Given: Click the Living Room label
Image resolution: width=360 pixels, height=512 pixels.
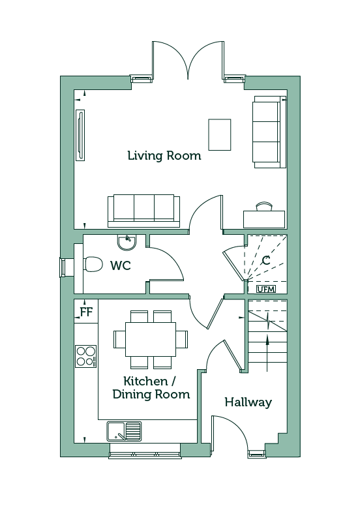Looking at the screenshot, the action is click(x=164, y=156).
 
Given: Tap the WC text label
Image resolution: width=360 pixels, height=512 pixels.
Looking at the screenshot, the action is click(x=121, y=265).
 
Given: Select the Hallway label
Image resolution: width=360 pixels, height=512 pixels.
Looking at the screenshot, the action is click(x=248, y=402).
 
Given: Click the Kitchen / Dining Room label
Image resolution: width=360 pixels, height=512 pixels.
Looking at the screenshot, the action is click(x=151, y=388).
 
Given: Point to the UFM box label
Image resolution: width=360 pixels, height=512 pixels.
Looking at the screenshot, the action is click(x=266, y=289).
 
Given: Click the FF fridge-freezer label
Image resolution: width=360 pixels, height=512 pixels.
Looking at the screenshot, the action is click(x=87, y=312).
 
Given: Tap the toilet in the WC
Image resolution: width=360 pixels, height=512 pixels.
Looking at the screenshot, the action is click(x=93, y=264).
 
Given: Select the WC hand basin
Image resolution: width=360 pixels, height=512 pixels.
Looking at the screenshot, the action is click(x=127, y=243).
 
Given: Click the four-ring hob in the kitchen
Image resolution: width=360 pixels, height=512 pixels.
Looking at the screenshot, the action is click(x=86, y=356).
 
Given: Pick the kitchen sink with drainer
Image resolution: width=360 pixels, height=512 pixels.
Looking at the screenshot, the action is click(x=124, y=431).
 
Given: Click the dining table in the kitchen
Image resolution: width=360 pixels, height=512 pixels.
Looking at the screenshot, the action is click(x=151, y=339).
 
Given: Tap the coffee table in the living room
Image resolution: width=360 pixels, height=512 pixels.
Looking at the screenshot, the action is click(x=220, y=134).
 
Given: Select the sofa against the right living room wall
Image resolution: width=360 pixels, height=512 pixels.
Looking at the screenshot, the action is click(x=269, y=132).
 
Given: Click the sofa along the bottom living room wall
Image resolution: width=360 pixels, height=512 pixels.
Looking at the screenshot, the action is click(x=144, y=211).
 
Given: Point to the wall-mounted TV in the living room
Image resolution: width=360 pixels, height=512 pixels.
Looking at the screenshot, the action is click(x=80, y=135).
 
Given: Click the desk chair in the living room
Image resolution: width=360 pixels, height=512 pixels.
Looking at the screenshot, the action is click(x=264, y=206).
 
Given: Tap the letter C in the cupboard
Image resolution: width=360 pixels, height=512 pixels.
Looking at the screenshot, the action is click(x=266, y=260).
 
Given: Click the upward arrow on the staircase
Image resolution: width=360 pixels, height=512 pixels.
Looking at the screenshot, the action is click(x=267, y=353).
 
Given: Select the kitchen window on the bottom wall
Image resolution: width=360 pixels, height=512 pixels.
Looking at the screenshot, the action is click(x=145, y=451).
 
